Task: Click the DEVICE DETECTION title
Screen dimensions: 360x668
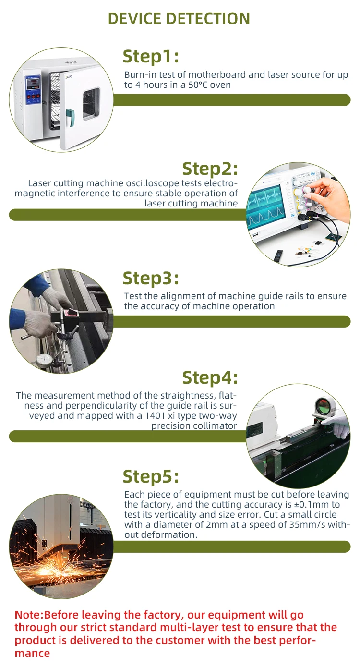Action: pyautogui.click(x=179, y=19)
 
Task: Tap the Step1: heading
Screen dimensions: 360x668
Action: pyautogui.click(x=151, y=57)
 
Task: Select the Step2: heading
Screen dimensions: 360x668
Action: pyautogui.click(x=210, y=169)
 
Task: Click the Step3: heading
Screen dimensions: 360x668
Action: pyautogui.click(x=151, y=278)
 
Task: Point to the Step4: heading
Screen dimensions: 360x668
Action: pyautogui.click(x=210, y=377)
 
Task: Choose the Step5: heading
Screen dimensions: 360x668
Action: pyautogui.click(x=151, y=476)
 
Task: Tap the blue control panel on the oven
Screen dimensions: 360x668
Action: pyautogui.click(x=33, y=90)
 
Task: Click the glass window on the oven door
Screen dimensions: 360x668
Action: pyautogui.click(x=91, y=103)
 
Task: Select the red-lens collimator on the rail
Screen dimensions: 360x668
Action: pyautogui.click(x=324, y=407)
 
